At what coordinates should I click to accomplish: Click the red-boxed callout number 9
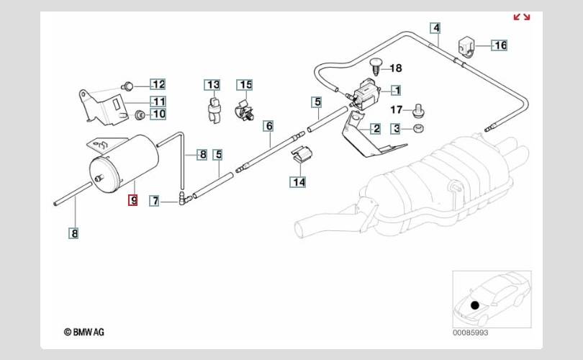(132, 200)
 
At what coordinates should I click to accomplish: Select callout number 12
(158, 84)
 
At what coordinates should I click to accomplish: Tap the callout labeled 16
(500, 45)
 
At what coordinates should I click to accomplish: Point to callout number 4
(435, 29)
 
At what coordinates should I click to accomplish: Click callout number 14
(298, 182)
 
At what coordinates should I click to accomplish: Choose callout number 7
(154, 201)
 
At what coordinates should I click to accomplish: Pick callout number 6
(268, 126)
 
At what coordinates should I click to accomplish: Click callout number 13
(213, 85)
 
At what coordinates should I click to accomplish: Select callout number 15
(245, 85)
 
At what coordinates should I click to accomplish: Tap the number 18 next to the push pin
(396, 68)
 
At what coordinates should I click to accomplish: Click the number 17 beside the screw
(396, 110)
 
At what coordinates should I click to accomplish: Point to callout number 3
(396, 129)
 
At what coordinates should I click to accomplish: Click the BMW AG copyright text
(84, 332)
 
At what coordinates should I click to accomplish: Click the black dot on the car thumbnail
(475, 305)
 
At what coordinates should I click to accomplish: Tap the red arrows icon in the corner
(521, 17)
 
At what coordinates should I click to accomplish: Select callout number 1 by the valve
(395, 91)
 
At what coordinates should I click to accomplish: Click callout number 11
(158, 101)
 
